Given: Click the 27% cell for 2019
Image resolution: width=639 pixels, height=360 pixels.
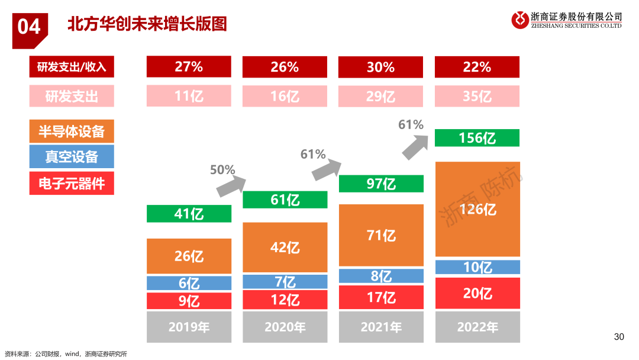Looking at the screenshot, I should pos(189,67).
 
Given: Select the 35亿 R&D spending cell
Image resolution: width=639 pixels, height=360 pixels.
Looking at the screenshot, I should pos(477,96).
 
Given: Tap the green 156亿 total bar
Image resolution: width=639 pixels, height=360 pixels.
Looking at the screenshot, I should pos(477,138).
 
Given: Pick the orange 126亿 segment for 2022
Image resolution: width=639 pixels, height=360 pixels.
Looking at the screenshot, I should pos(477,210).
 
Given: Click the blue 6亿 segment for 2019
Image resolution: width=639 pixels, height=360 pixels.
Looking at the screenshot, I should pos(189,283).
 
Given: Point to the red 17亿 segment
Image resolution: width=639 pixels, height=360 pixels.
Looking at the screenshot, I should pos(381,297).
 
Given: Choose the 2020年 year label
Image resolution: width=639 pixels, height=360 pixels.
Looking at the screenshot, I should pos(285,327).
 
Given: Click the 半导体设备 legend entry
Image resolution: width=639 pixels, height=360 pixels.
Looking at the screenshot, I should pos(71,131).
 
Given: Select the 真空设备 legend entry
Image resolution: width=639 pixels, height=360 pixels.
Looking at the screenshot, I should pos(71,157).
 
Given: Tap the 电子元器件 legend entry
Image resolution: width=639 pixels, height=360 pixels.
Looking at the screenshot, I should pos(71,184).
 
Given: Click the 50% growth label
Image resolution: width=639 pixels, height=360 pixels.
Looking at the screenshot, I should pos(222,170).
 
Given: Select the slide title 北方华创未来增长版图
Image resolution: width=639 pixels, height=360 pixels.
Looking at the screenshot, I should pos(147,24).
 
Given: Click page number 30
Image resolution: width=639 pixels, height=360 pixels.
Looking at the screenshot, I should pos(619,337).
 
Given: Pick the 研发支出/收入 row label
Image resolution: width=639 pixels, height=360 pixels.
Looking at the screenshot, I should pos(71,67).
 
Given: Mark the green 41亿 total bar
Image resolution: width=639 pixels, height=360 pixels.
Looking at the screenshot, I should pos(189,214).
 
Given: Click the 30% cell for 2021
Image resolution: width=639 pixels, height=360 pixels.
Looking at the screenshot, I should pos(381,67).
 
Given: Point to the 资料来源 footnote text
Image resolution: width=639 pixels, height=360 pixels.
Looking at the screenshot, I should pos(66,354).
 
